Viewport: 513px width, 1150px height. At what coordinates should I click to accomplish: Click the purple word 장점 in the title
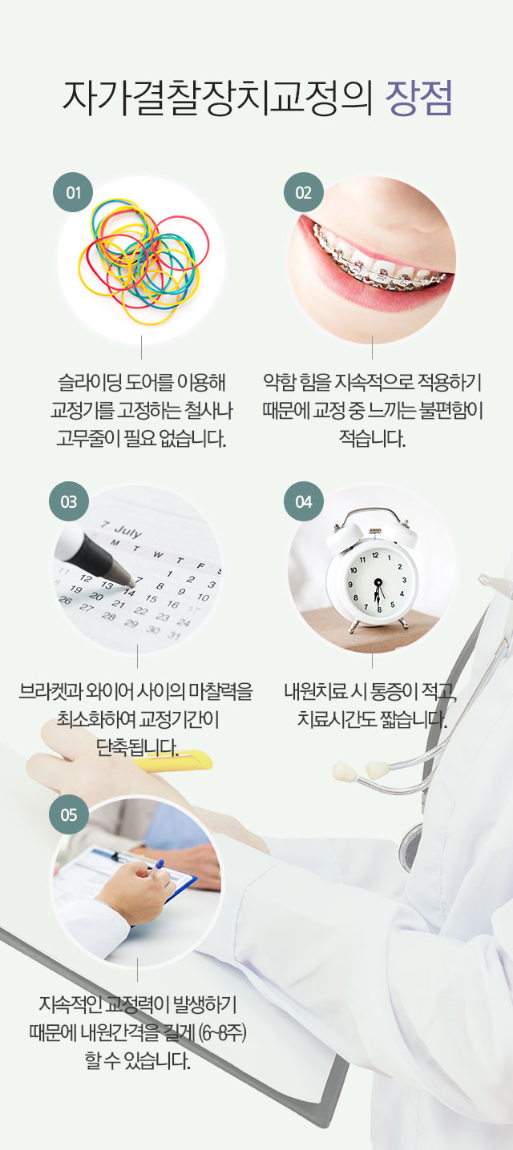(419, 98)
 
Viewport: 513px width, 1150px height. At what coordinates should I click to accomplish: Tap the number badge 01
(73, 192)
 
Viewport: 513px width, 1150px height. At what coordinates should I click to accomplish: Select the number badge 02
(304, 192)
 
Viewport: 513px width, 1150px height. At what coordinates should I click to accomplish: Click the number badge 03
(69, 501)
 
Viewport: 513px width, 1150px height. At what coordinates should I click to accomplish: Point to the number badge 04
(304, 501)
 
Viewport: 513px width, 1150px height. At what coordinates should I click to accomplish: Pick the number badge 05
(69, 814)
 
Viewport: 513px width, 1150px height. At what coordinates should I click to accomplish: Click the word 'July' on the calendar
(127, 531)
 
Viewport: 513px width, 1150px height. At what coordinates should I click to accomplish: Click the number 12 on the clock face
(375, 555)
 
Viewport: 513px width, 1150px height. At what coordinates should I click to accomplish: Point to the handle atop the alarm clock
(372, 513)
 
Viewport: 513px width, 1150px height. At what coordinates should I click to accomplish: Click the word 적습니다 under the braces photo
(372, 438)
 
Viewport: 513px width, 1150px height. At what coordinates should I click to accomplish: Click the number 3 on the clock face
(404, 580)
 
